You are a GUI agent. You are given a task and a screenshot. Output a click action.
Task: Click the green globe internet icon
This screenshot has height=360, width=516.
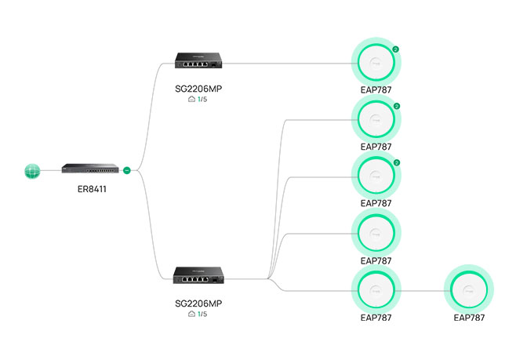32,171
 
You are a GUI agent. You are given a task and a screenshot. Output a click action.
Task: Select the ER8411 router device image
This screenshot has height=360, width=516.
90,168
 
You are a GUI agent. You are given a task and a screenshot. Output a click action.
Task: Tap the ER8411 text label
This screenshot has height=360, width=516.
92,189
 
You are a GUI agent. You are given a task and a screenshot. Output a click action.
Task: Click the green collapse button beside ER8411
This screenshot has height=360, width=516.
127,170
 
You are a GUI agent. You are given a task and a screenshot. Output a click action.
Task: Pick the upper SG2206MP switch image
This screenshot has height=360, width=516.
198,60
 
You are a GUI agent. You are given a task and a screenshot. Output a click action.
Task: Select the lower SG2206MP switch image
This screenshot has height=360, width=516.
198,275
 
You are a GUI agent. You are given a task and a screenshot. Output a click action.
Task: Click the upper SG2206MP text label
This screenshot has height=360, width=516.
198,89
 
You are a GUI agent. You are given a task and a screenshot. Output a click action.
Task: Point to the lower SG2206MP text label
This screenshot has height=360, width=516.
198,304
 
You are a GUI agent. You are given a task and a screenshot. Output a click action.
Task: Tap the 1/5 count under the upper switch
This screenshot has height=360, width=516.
202,100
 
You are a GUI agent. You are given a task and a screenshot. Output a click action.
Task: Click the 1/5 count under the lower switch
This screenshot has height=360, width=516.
202,315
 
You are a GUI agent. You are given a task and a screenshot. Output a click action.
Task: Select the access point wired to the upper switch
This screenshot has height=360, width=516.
376,62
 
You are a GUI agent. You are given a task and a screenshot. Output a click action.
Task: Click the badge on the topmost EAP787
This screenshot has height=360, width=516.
395,49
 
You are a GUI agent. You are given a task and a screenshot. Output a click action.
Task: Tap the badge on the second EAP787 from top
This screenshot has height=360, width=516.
397,107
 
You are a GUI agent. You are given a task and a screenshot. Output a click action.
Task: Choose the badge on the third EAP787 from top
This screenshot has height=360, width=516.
397,163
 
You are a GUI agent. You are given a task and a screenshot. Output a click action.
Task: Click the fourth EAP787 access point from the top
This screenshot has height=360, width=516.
376,233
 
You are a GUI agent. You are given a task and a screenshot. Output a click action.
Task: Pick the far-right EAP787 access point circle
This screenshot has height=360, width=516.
469,289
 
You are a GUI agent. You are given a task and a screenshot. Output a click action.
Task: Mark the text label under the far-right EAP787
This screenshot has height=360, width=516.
469,318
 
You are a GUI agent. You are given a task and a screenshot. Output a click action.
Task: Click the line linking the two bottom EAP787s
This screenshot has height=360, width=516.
423,291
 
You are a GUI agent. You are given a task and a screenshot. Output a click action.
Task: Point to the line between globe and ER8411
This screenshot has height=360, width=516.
51,170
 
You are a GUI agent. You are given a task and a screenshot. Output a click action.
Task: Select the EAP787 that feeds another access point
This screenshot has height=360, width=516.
376,289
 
